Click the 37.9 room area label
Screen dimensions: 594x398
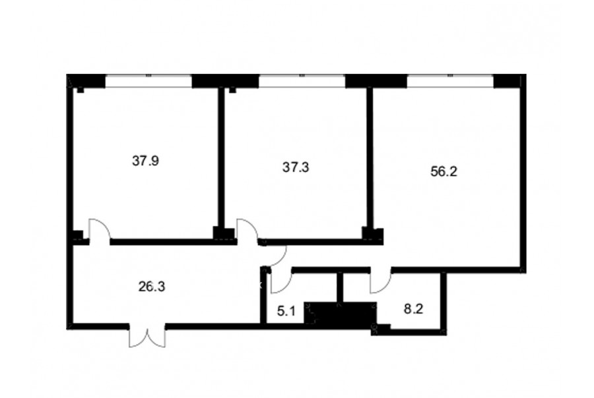(x=145, y=161)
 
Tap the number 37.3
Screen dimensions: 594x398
(x=296, y=167)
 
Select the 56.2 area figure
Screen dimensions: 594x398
(x=444, y=171)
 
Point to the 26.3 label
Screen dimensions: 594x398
(x=152, y=287)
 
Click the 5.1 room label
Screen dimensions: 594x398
(x=286, y=312)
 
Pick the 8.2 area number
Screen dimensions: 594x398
(x=413, y=309)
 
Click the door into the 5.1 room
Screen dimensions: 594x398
(x=281, y=282)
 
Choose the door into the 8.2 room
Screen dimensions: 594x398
(x=381, y=282)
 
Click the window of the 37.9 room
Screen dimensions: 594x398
(x=148, y=81)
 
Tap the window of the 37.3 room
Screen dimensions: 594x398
(x=302, y=81)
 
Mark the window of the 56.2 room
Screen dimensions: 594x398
(x=450, y=81)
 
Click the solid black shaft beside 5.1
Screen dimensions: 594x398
(x=340, y=314)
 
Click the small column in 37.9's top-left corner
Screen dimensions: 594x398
(x=81, y=90)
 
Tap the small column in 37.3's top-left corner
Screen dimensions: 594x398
(x=232, y=90)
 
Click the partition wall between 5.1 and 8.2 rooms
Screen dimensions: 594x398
(x=340, y=287)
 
